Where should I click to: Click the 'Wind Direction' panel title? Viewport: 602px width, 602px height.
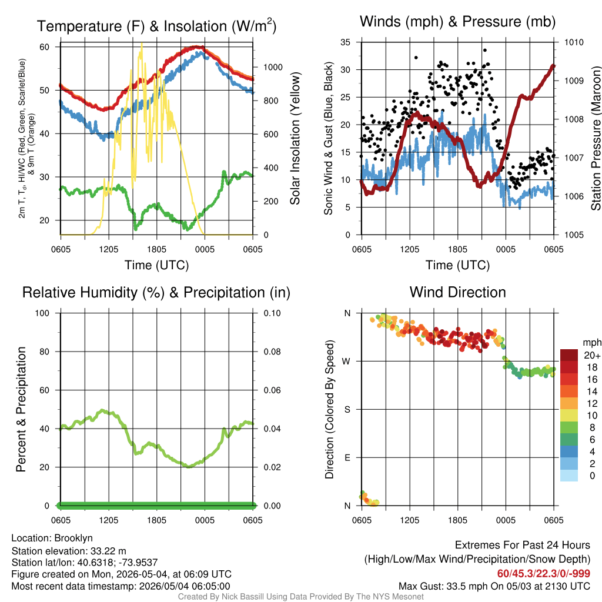pos(457,292)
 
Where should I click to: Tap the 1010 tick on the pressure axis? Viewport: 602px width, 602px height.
pos(574,42)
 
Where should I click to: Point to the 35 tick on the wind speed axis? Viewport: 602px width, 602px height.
pos(346,42)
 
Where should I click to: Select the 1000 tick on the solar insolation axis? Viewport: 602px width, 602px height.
pos(273,67)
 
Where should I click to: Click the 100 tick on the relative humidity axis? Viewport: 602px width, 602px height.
pos(42,313)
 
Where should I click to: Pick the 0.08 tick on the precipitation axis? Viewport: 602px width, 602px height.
pos(272,352)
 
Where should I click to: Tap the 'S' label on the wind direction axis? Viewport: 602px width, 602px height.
pos(347,410)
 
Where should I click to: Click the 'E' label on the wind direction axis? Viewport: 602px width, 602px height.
pos(347,457)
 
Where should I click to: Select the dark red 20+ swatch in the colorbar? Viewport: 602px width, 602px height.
pos(569,355)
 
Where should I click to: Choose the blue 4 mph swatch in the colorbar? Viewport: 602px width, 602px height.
pos(569,451)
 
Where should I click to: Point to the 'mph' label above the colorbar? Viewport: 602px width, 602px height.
pos(592,343)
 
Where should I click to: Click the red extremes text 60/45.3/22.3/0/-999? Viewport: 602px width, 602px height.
pos(544,573)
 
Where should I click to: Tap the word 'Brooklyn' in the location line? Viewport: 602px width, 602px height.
pos(73,539)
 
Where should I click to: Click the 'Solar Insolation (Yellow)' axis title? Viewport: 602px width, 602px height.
pos(295,138)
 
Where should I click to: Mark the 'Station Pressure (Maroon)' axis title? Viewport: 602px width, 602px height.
pos(596,138)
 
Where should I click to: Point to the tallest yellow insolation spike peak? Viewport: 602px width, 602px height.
pos(142,44)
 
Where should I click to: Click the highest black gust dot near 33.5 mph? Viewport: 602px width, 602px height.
pos(485,51)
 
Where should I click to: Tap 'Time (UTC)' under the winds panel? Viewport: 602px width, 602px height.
pos(457,265)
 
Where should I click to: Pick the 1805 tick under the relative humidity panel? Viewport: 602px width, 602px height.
pos(156,520)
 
